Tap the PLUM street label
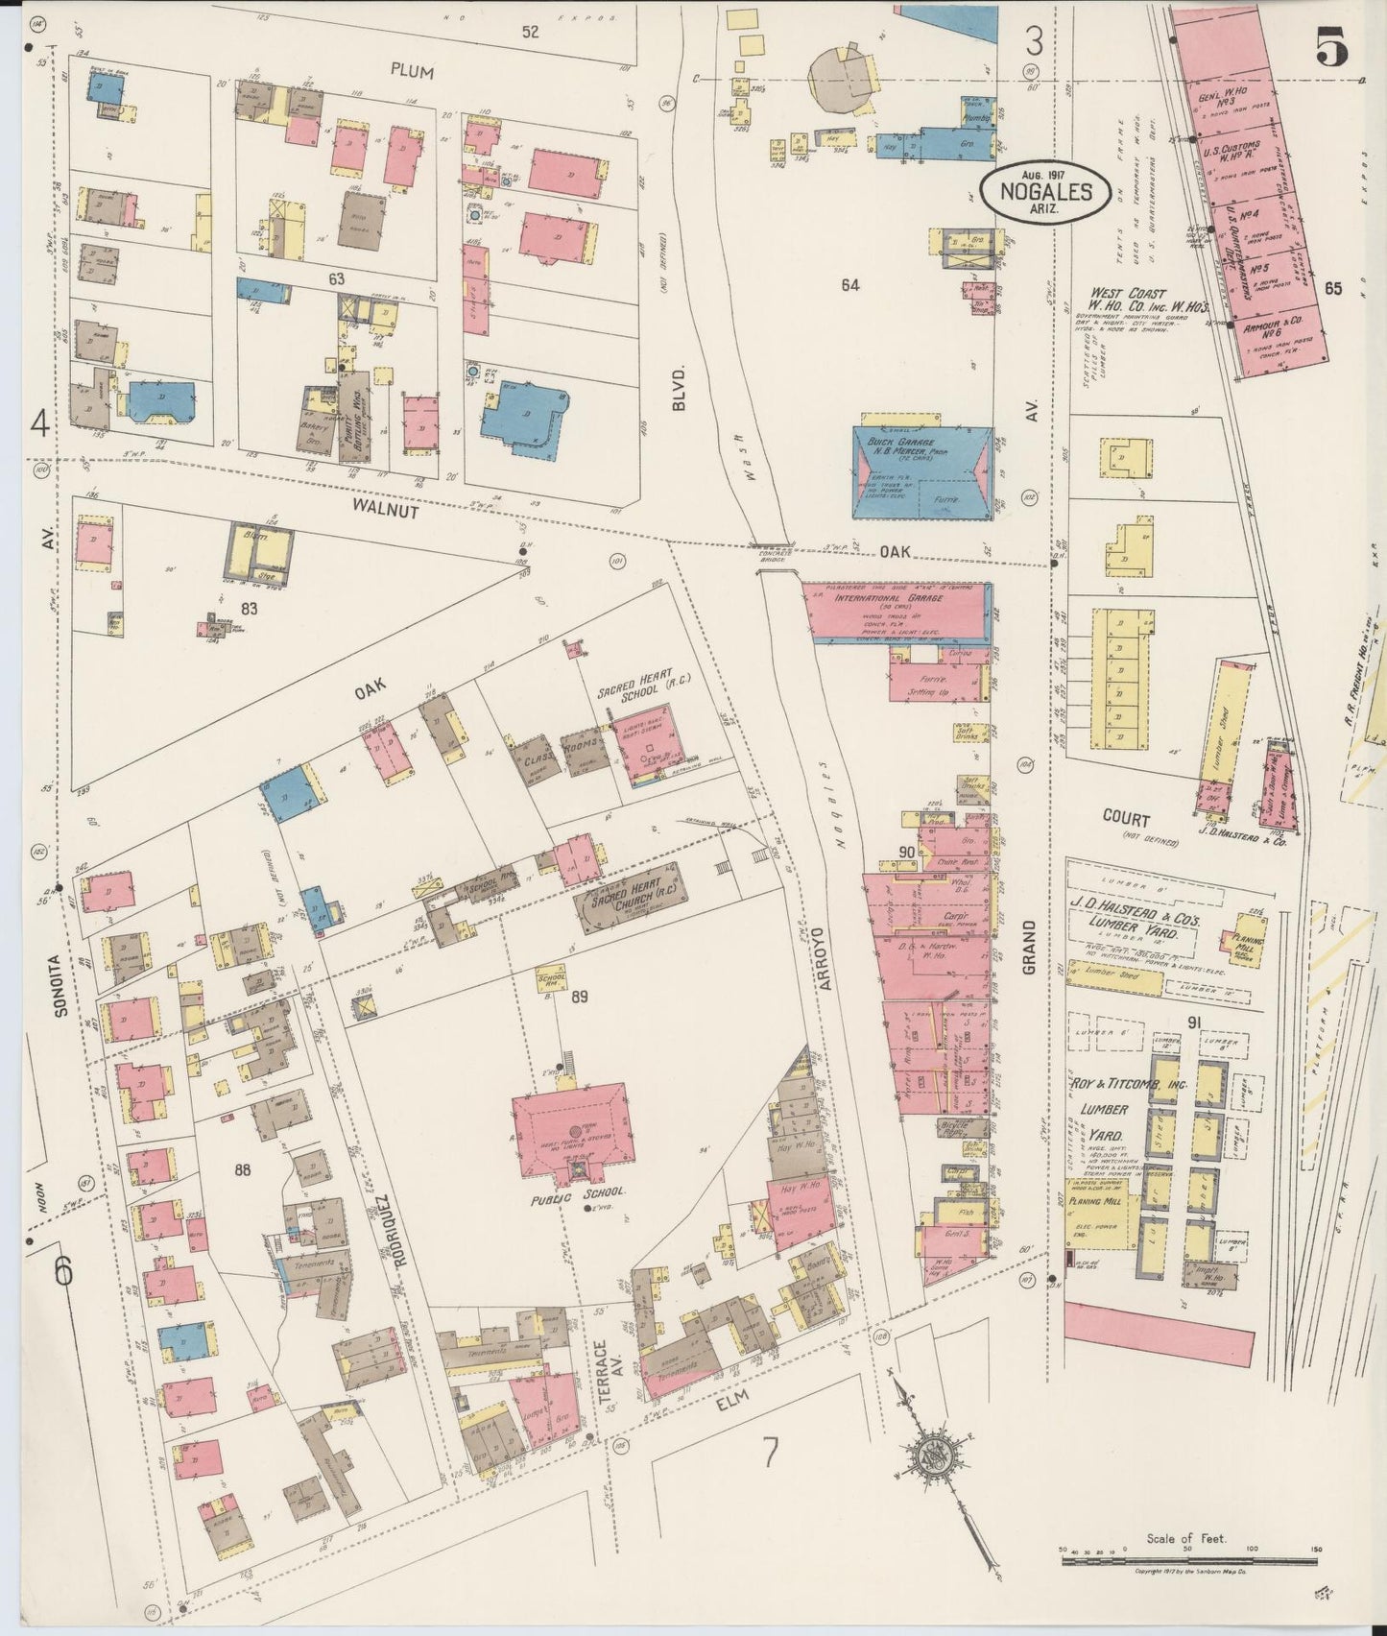click(x=412, y=71)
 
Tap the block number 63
click(x=336, y=279)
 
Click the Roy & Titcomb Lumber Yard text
click(x=1107, y=1109)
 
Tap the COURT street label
click(x=1126, y=819)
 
